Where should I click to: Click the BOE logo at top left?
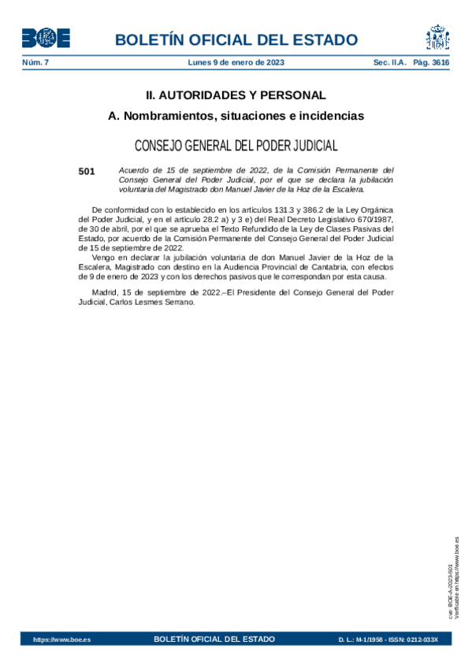click(x=46, y=39)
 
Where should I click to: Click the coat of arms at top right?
click(x=437, y=38)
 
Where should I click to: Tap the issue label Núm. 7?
click(x=35, y=62)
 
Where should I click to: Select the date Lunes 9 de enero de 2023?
click(x=236, y=62)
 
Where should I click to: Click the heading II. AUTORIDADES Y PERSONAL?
click(x=236, y=95)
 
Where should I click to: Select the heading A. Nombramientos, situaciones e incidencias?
click(x=236, y=116)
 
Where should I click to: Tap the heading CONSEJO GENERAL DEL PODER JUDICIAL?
click(x=236, y=146)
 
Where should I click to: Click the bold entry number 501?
click(x=87, y=170)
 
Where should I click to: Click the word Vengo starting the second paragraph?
click(x=106, y=257)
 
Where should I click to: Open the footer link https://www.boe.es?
click(x=61, y=640)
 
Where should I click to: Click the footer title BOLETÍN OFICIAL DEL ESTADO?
click(x=214, y=639)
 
